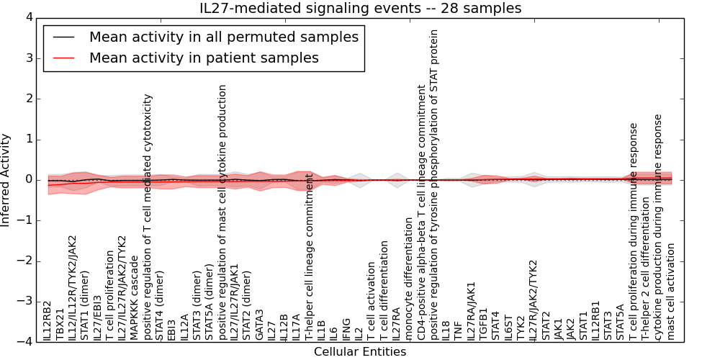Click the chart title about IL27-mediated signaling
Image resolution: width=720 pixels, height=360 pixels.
(x=360, y=9)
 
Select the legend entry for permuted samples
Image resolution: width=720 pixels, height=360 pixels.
(x=223, y=37)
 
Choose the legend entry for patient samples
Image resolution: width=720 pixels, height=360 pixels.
(x=204, y=58)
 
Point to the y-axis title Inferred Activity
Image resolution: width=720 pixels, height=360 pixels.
(x=6, y=180)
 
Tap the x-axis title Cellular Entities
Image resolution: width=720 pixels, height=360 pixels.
(x=360, y=351)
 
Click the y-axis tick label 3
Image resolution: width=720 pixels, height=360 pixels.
(x=28, y=58)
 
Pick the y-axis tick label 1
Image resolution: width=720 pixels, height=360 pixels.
(x=28, y=139)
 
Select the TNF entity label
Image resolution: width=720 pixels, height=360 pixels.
(x=458, y=330)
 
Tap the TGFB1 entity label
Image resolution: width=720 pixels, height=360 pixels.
(x=482, y=324)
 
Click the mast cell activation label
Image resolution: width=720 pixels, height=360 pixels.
(x=670, y=291)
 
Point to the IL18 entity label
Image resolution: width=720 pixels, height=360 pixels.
(x=446, y=330)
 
